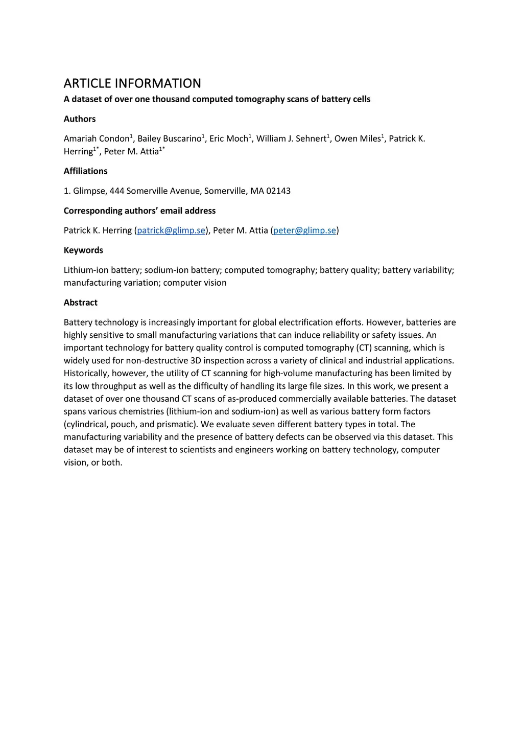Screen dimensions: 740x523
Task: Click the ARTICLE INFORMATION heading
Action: [132, 83]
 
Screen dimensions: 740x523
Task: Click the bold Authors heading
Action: [80, 119]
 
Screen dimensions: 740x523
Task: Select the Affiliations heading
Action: [85, 171]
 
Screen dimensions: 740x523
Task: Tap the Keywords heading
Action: [83, 250]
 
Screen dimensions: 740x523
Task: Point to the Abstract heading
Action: [81, 303]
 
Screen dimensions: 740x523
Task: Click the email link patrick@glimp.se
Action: [171, 230]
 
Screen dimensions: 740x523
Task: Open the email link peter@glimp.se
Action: [305, 230]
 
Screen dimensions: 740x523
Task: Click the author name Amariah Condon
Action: [97, 139]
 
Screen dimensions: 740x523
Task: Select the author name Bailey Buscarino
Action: [170, 139]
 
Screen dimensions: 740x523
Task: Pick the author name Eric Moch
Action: [228, 139]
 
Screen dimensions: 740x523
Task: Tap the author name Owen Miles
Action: [358, 139]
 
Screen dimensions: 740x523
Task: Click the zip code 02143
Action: [278, 191]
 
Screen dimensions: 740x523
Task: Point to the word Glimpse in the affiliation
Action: [89, 191]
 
